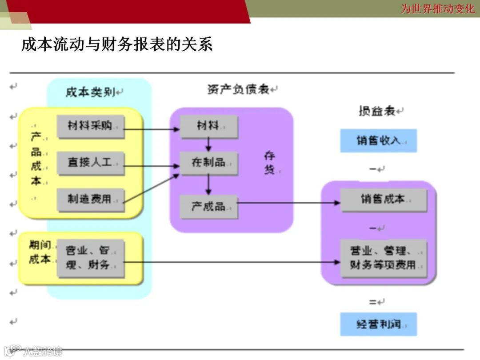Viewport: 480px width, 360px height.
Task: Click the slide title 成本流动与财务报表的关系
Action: tap(117, 44)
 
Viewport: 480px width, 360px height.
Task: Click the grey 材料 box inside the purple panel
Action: tap(208, 127)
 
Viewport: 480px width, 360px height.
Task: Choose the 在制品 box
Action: tap(208, 163)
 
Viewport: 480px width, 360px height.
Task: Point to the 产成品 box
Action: tap(208, 207)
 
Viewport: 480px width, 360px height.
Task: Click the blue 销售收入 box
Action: tap(378, 141)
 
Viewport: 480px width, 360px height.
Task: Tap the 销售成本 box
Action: tap(383, 200)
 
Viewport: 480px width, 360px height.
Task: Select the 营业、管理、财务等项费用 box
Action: tap(383, 258)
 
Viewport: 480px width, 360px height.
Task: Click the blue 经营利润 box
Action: tap(378, 324)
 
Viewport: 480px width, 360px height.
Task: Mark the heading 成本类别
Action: tap(91, 92)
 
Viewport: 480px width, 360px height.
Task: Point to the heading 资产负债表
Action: tap(239, 89)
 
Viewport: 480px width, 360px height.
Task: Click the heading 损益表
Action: tap(377, 111)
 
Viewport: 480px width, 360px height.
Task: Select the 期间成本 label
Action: tap(40, 252)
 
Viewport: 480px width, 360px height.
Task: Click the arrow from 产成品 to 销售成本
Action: tap(289, 203)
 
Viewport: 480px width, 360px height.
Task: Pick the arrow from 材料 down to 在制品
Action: tap(208, 145)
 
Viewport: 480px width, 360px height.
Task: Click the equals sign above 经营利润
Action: tap(372, 302)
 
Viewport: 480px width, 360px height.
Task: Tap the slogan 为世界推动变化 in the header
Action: tap(437, 8)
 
